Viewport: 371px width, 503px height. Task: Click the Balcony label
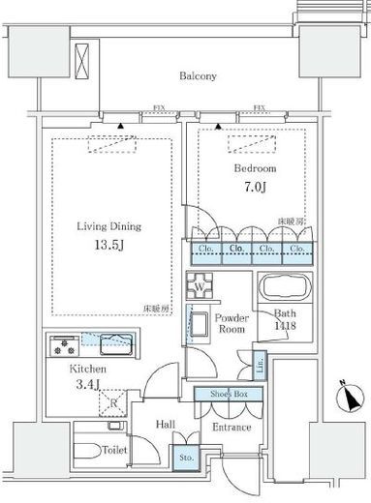[196, 75]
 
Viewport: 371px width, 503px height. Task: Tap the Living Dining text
[109, 226]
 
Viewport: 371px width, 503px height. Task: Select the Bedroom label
[253, 167]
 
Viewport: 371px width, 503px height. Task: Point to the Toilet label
[114, 450]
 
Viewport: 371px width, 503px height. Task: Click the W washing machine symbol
[201, 286]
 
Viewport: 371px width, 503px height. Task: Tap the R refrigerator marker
[113, 403]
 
